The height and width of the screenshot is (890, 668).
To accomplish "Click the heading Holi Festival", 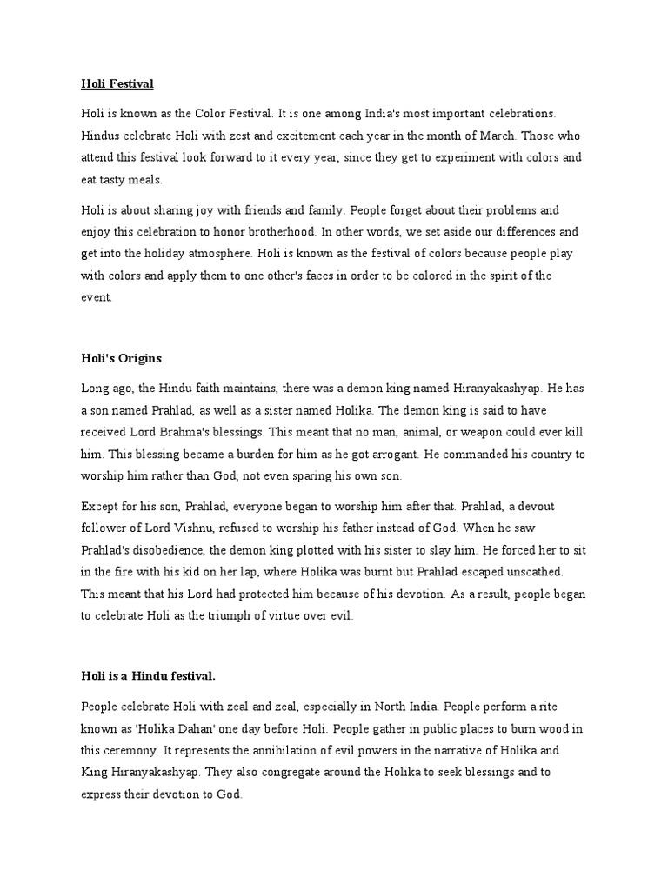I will point(117,84).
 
